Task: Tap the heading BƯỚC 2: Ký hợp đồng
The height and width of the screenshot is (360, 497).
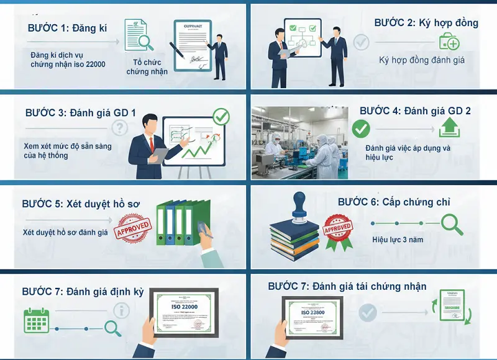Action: (426, 23)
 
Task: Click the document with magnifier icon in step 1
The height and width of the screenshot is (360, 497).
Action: (138, 34)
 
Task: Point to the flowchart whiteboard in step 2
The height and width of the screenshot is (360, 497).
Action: (302, 38)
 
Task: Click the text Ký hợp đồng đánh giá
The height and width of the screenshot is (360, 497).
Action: (422, 60)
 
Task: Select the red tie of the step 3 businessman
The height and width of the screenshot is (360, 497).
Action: (151, 144)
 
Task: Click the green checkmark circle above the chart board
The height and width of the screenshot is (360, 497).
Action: (221, 116)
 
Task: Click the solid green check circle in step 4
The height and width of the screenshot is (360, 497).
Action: (361, 129)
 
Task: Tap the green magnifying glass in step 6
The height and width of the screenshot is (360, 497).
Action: (452, 224)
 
